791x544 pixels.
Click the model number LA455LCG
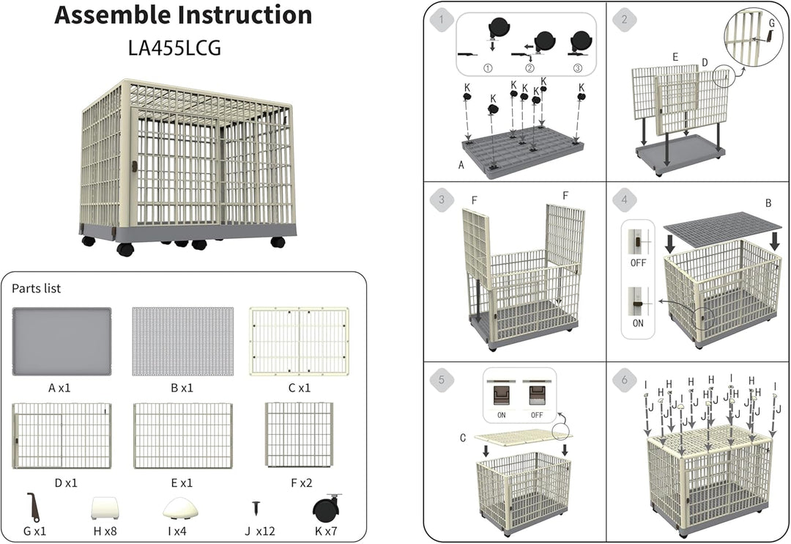point(174,48)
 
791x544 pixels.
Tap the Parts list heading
point(37,288)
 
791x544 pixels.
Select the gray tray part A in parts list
point(62,342)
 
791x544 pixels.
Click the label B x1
point(182,388)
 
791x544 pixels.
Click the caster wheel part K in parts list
point(326,509)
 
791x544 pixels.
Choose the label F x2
point(301,483)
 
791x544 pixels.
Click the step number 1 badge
point(442,21)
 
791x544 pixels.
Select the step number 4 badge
point(625,199)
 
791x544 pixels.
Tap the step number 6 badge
point(625,380)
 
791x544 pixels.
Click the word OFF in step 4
point(638,263)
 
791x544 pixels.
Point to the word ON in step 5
point(502,415)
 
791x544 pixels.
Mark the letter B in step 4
point(768,203)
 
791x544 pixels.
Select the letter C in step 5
point(463,438)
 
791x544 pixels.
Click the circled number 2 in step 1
point(530,68)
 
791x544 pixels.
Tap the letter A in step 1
point(461,165)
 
